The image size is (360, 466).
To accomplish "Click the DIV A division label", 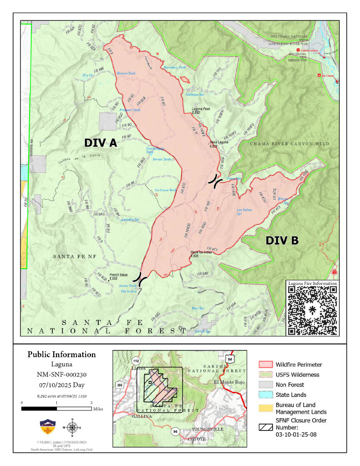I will click(x=101, y=143).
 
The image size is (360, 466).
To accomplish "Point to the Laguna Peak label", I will click(x=201, y=110).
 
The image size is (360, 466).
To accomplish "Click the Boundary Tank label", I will click(x=175, y=67).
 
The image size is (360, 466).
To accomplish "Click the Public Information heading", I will click(x=61, y=355).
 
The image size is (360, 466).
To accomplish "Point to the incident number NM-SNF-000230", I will click(x=61, y=375).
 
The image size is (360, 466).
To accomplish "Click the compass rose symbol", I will click(x=71, y=427).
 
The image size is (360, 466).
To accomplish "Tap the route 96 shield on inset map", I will click(x=175, y=431).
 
